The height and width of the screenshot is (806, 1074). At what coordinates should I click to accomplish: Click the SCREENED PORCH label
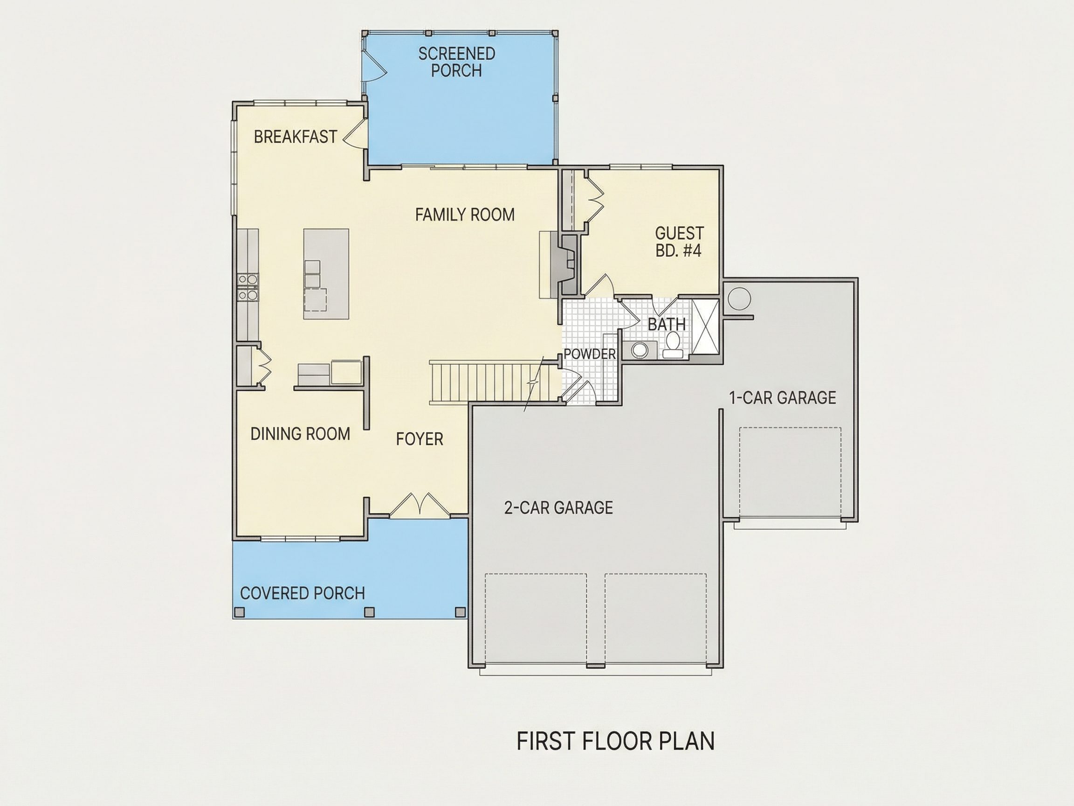(456, 62)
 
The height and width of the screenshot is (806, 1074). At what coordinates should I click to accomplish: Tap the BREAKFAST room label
(295, 137)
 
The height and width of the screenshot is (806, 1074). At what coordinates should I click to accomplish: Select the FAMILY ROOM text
(465, 215)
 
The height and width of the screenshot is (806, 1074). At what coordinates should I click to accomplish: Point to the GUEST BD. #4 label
(679, 242)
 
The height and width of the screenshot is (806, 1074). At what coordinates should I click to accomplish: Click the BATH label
(667, 324)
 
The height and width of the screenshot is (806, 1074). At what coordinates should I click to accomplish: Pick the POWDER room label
(589, 354)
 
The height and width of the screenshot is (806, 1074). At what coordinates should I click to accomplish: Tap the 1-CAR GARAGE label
(783, 398)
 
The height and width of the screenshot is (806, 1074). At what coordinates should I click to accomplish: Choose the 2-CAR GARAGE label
(558, 507)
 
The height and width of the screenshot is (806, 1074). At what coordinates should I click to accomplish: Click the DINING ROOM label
(300, 434)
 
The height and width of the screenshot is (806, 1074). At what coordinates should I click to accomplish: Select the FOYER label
(420, 439)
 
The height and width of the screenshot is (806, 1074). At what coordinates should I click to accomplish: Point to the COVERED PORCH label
(302, 593)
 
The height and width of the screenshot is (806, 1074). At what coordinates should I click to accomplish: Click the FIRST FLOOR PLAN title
(615, 741)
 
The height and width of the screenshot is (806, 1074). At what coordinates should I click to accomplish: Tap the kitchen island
(326, 274)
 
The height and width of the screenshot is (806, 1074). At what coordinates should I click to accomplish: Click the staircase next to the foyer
(493, 382)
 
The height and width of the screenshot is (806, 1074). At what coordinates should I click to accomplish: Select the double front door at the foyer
(420, 506)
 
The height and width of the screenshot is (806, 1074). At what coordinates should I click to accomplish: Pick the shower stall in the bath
(704, 327)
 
